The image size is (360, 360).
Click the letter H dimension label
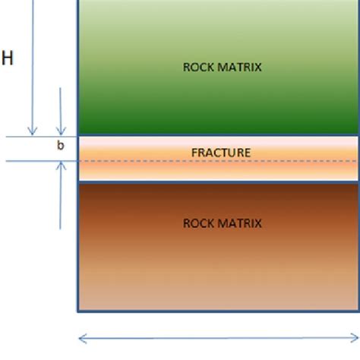click(x=8, y=58)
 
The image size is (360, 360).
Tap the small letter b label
click(x=61, y=145)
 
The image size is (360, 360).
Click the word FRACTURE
click(x=220, y=153)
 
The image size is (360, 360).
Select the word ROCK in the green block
click(x=198, y=67)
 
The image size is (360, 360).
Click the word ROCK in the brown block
click(x=198, y=223)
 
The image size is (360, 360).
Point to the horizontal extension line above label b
click(x=38, y=137)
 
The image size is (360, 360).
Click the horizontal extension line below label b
click(x=38, y=161)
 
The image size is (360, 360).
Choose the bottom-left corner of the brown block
click(x=78, y=311)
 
